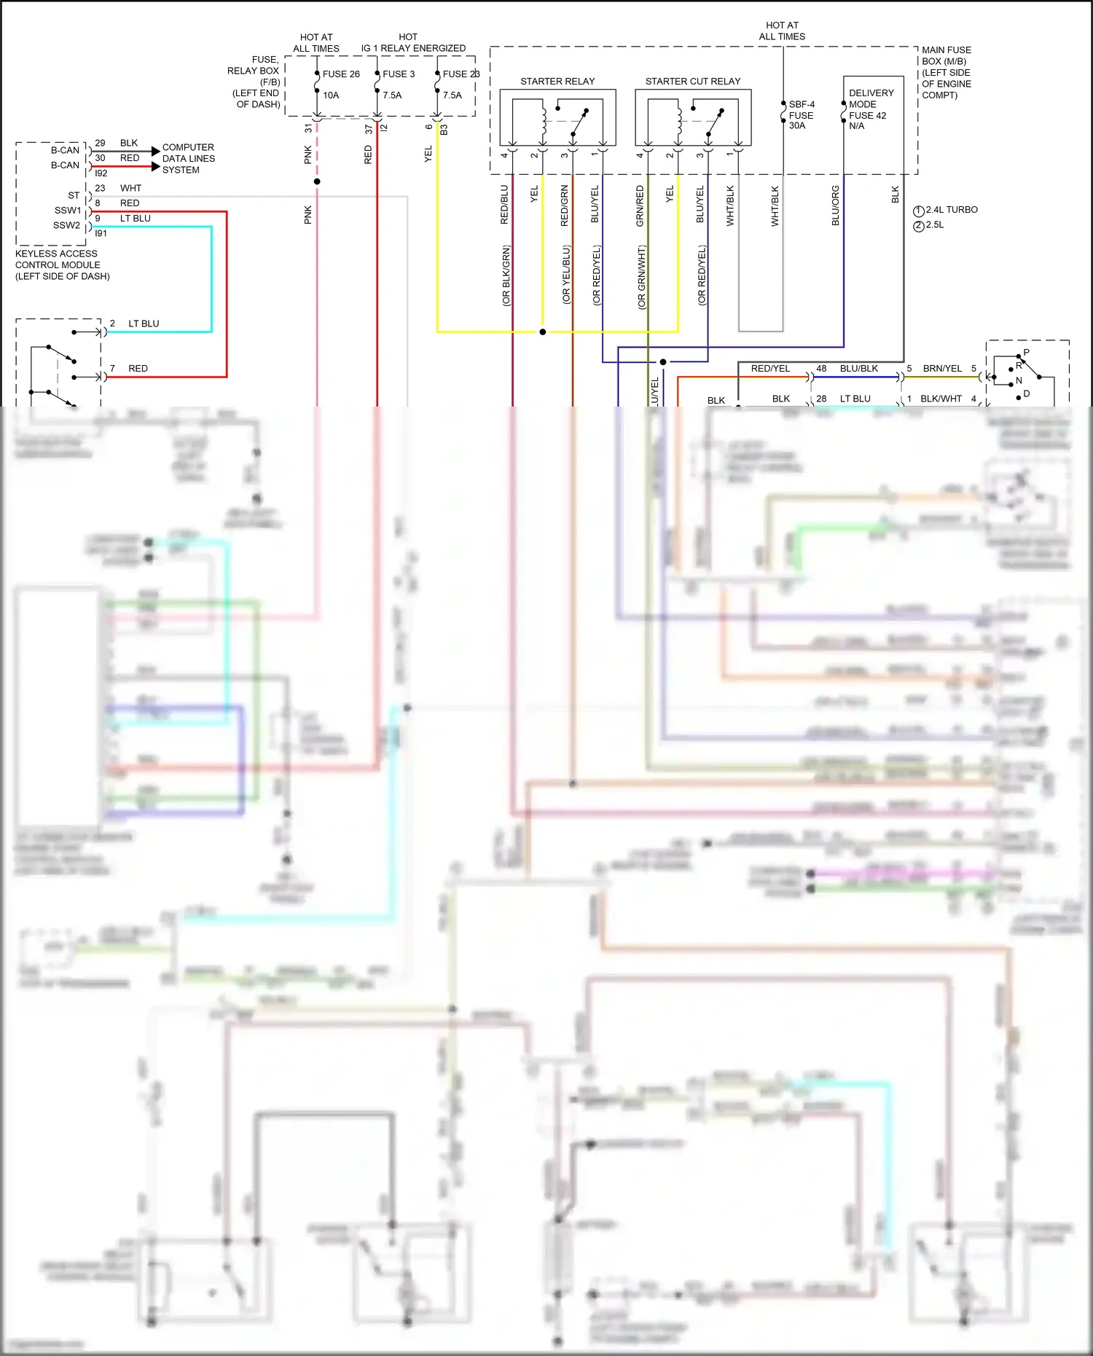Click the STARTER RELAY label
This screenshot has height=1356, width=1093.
click(x=557, y=81)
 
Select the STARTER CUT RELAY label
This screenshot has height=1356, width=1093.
click(x=692, y=81)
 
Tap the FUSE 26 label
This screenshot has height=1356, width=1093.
click(x=341, y=74)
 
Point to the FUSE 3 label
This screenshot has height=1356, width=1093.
click(x=399, y=74)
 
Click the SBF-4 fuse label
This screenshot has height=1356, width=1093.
click(x=802, y=104)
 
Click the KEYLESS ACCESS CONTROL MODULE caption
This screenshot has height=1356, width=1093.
click(x=62, y=264)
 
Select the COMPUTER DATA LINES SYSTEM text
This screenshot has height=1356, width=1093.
click(x=188, y=158)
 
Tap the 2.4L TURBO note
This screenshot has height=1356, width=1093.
click(x=951, y=210)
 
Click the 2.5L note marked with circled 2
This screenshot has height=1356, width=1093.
click(x=934, y=225)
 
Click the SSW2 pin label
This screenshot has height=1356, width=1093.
click(x=66, y=225)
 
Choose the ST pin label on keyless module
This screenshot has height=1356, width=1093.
click(x=74, y=195)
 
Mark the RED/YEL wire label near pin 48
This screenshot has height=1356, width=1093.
click(x=770, y=369)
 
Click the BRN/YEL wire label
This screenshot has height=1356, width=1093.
click(x=942, y=369)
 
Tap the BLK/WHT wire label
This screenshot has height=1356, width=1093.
click(x=941, y=399)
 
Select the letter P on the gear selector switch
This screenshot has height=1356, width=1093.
click(x=1026, y=353)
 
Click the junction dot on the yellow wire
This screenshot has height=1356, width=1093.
click(x=542, y=332)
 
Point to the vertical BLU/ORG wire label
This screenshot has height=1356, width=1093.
click(x=836, y=205)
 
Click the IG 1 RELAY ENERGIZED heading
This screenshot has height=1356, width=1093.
click(x=413, y=48)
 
